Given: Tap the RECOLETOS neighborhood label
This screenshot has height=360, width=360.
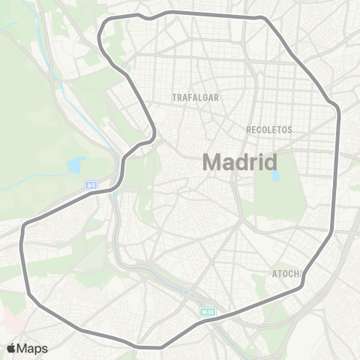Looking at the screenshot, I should pos(268,130).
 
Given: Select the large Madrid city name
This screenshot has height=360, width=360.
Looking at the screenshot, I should pos(240,162).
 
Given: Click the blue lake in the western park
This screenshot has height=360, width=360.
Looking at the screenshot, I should pos(76,165).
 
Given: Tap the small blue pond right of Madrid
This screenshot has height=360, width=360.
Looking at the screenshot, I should pos(274,177).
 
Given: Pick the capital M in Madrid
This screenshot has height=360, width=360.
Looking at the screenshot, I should pos(214,162).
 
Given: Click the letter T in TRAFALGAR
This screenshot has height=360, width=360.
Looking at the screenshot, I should pos(174,98).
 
